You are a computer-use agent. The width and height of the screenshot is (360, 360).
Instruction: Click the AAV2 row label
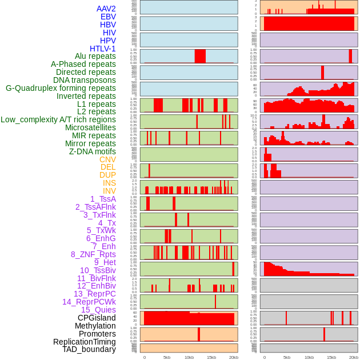point(106,9)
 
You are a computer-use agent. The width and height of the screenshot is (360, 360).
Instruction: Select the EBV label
point(108,17)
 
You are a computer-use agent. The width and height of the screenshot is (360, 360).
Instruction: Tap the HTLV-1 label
point(102,49)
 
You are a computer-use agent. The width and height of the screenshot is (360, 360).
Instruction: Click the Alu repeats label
point(95,56)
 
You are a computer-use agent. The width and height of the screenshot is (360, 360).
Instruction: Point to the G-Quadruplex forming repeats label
point(61,88)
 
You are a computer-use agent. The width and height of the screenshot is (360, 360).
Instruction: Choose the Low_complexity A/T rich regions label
point(58,119)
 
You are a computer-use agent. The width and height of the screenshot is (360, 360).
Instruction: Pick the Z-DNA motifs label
point(92,151)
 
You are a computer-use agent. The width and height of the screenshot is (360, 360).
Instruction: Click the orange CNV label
point(107,159)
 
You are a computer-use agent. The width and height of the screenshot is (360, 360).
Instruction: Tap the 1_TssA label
point(103,199)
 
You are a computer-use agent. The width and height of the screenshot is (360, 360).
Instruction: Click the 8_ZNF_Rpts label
point(93,254)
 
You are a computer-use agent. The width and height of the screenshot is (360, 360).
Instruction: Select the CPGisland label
point(97,318)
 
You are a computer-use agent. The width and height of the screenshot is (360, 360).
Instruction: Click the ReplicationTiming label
point(84,342)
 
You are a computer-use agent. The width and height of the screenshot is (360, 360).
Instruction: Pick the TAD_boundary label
point(89,349)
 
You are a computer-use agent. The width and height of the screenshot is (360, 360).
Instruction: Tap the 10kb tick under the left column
point(189,357)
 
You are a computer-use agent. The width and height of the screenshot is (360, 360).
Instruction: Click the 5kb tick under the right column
point(286,357)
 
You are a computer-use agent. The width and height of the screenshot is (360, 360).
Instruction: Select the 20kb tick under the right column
point(354,357)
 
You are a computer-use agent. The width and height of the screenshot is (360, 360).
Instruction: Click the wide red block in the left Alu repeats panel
point(200,56)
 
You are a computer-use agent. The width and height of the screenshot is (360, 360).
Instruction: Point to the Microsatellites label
point(90,127)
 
